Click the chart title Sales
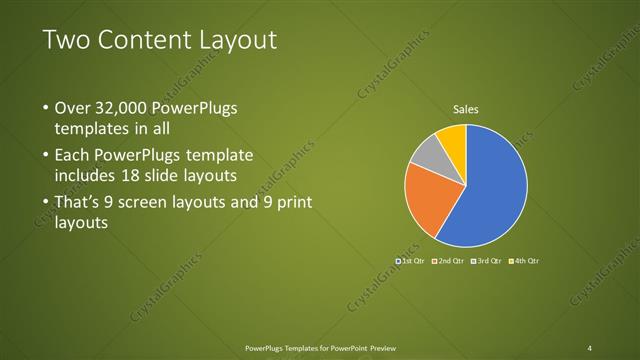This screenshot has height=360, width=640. [466, 108]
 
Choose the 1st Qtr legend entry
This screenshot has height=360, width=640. [411, 261]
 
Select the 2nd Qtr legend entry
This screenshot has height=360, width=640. [449, 261]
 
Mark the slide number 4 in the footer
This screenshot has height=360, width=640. [590, 347]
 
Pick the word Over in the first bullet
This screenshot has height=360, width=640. [73, 108]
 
